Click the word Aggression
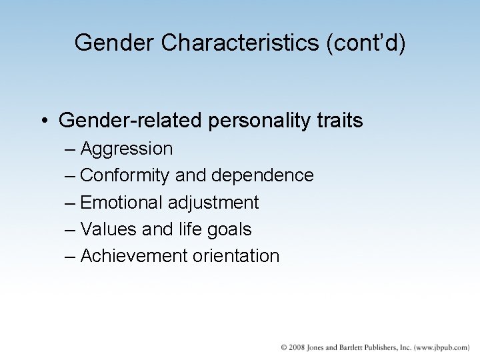coord(126,149)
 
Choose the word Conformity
coord(125,175)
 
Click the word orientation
coord(236,255)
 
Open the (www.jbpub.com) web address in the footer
coord(441,348)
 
